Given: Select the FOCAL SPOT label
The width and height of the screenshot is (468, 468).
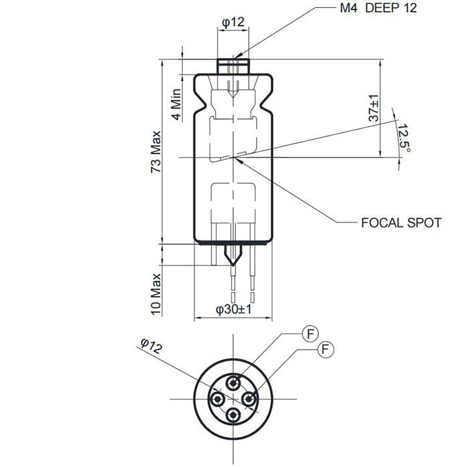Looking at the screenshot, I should pyautogui.click(x=400, y=223).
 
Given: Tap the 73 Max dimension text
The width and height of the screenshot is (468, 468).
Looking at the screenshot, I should pyautogui.click(x=156, y=151).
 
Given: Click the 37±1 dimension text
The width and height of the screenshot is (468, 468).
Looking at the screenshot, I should pyautogui.click(x=374, y=107).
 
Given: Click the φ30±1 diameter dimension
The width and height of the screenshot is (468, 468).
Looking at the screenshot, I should pyautogui.click(x=233, y=310).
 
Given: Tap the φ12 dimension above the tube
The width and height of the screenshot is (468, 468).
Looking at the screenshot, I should pyautogui.click(x=233, y=22).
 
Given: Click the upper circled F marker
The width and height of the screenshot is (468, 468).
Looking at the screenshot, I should pyautogui.click(x=309, y=333).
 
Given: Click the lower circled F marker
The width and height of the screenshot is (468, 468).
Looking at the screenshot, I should pyautogui.click(x=326, y=348).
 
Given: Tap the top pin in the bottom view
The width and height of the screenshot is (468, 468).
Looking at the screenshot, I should pyautogui.click(x=233, y=383).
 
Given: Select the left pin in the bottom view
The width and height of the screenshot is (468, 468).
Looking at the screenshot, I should pyautogui.click(x=217, y=399).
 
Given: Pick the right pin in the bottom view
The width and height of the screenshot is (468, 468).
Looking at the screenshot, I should pyautogui.click(x=249, y=399).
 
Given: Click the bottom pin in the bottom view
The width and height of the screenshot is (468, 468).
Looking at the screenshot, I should pyautogui.click(x=233, y=415).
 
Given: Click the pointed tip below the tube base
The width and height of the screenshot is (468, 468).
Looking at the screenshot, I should pyautogui.click(x=233, y=257).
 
